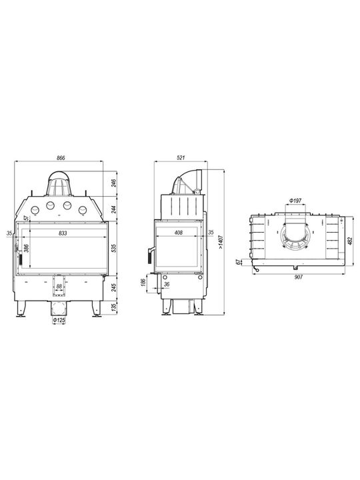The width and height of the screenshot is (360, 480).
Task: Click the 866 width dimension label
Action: pyautogui.click(x=61, y=158)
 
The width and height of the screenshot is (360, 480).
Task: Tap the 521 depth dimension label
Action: pyautogui.click(x=181, y=157)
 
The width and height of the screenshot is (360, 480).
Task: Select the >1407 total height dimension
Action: pyautogui.click(x=221, y=242)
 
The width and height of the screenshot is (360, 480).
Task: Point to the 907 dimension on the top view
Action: pyautogui.click(x=298, y=277)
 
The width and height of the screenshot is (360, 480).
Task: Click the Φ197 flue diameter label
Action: pyautogui.click(x=295, y=201)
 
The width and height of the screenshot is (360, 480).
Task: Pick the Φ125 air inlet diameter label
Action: pyautogui.click(x=59, y=320)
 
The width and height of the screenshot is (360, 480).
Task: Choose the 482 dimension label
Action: pyautogui.click(x=350, y=241)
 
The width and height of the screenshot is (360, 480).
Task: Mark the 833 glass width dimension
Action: pyautogui.click(x=63, y=233)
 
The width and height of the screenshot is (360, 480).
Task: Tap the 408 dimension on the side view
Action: pyautogui.click(x=178, y=233)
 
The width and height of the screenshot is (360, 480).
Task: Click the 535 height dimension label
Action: pyautogui.click(x=114, y=248)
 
